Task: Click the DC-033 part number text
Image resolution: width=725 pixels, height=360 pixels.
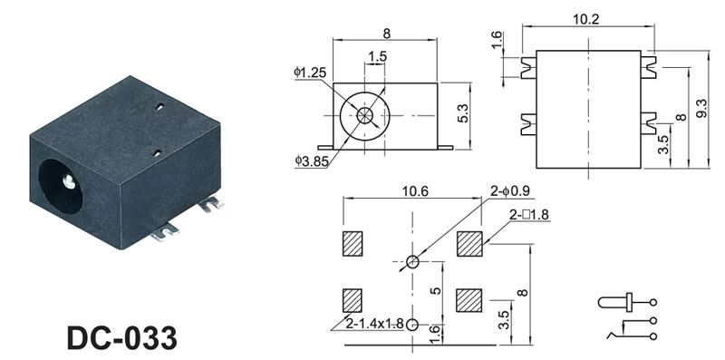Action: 121,338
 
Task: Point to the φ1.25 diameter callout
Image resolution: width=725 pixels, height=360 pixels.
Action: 310,73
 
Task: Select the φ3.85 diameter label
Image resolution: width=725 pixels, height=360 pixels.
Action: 312,161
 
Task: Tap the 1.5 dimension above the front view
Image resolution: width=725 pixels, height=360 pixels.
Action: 377,56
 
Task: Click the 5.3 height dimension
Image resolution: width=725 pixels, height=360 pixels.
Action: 463,113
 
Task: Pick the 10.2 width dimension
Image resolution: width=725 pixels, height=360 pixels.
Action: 585,19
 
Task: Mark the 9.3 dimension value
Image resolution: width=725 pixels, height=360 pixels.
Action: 701,109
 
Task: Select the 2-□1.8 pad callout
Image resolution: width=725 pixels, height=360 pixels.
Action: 529,215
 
